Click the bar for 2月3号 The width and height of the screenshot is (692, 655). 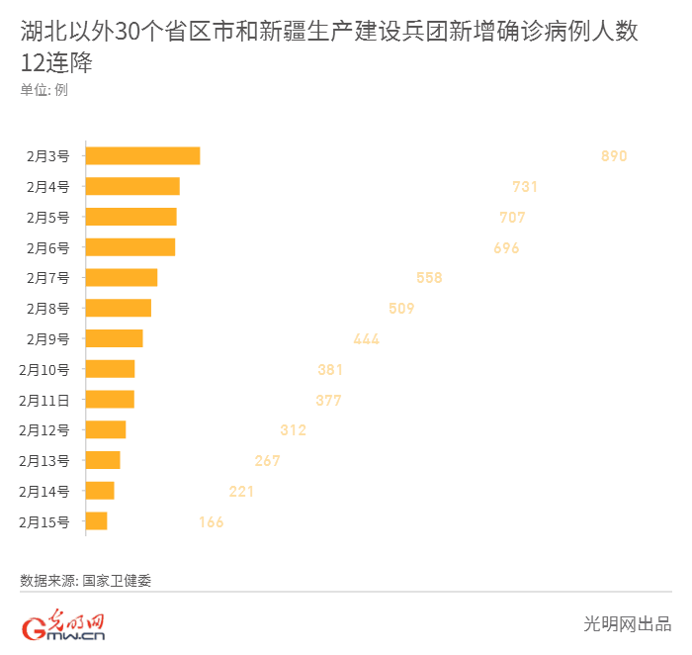click(x=143, y=155)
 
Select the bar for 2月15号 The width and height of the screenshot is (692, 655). click(x=97, y=521)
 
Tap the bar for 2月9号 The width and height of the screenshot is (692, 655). click(x=115, y=338)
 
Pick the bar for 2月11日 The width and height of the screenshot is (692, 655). click(x=110, y=400)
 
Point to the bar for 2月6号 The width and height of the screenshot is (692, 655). click(x=130, y=247)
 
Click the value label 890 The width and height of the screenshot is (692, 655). click(x=614, y=156)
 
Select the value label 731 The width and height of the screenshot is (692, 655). click(x=525, y=187)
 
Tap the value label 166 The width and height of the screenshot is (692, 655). click(x=211, y=522)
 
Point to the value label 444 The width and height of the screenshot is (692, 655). click(x=366, y=339)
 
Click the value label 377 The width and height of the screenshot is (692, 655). click(x=328, y=401)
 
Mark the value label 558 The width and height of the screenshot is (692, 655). click(x=429, y=278)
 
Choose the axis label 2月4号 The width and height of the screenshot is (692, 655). click(x=48, y=187)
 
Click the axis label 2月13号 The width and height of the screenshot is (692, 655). click(x=45, y=461)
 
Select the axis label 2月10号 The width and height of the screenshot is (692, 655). click(x=45, y=370)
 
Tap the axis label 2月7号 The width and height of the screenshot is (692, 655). click(x=48, y=278)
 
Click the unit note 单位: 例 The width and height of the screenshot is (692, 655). click(x=43, y=90)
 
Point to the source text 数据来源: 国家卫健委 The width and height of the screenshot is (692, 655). click(x=86, y=581)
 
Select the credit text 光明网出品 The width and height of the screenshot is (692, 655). click(x=628, y=624)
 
